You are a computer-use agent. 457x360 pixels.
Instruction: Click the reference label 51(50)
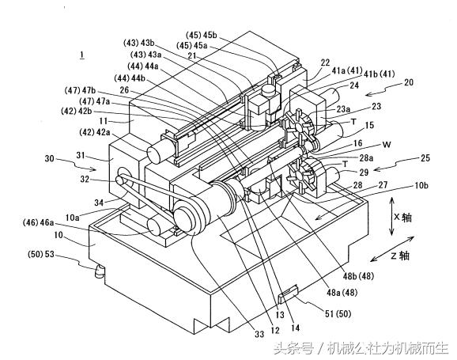click(x=338, y=313)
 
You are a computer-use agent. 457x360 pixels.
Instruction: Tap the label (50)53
click(x=41, y=254)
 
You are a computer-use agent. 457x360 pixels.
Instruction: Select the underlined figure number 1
click(x=82, y=55)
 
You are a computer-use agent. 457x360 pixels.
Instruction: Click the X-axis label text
click(x=402, y=218)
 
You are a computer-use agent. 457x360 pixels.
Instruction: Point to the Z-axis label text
click(x=400, y=256)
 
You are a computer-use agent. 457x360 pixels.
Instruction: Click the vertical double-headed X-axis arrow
click(x=391, y=216)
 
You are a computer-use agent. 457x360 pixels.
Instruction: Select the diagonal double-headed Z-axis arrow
click(x=392, y=248)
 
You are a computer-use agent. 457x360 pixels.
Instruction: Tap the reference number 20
click(x=408, y=82)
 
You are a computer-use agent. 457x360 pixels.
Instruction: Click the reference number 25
click(x=425, y=158)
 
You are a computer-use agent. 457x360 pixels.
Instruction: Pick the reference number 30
click(x=50, y=158)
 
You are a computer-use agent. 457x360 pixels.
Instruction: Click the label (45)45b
click(x=202, y=35)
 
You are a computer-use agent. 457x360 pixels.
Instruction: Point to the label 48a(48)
click(x=342, y=292)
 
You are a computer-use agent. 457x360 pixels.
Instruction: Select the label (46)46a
click(x=38, y=223)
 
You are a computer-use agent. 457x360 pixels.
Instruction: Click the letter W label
click(x=387, y=145)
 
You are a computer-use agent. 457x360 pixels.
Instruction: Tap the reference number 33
click(x=259, y=334)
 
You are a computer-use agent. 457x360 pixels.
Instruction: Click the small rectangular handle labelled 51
click(x=288, y=294)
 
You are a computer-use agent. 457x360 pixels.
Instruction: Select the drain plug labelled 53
click(x=100, y=271)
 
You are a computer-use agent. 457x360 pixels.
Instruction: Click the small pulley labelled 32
click(x=120, y=180)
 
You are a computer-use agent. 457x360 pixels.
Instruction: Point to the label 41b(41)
click(x=379, y=74)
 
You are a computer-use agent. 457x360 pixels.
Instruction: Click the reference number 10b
click(x=421, y=185)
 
